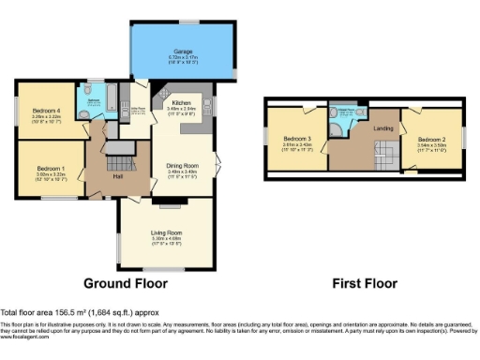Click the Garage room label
tap(182, 52)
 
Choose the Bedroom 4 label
tap(47, 111)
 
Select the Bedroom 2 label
tap(431, 140)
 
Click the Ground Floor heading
tap(126, 282)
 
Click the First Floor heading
tap(366, 282)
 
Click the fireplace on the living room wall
tap(166, 201)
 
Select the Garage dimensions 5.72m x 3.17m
tap(182, 59)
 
